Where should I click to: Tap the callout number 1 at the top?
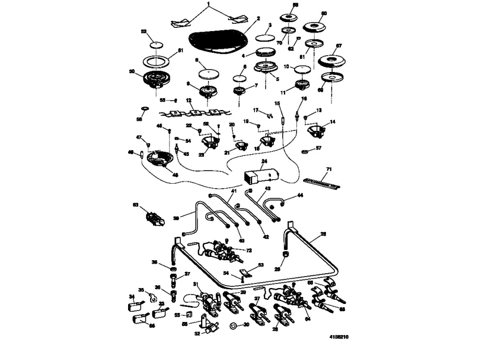point(209,4)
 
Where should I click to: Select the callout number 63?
point(135,205)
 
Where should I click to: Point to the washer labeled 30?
point(232,326)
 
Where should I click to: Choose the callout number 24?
point(264,162)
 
